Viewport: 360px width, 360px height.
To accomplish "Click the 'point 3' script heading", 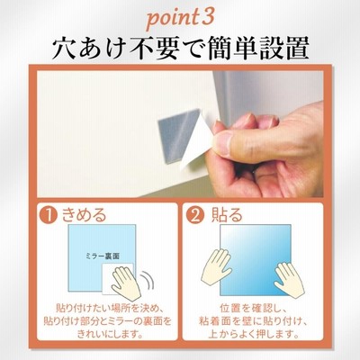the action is [x=180, y=19].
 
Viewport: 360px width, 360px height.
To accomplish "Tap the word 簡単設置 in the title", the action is [x=257, y=49].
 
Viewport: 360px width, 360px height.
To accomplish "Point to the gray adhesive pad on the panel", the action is [x=179, y=137].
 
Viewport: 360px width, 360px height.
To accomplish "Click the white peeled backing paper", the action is [x=196, y=142].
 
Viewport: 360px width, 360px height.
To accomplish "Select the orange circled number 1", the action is [x=49, y=215].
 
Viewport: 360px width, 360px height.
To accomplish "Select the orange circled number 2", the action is [x=195, y=215].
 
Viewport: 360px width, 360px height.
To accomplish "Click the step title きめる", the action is [x=84, y=215].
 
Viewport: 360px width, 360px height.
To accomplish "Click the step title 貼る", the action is [x=227, y=215].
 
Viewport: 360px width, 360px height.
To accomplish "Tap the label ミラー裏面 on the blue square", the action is [x=103, y=256].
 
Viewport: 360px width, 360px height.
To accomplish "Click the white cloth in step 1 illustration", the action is [x=117, y=278].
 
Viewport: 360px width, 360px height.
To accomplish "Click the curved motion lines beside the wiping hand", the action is [x=148, y=281].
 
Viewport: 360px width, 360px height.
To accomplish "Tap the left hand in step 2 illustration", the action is [x=217, y=266].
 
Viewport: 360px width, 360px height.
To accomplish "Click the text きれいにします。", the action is [x=109, y=333].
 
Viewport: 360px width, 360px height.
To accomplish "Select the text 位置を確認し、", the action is [x=254, y=308].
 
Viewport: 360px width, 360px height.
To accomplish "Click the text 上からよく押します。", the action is [x=254, y=334].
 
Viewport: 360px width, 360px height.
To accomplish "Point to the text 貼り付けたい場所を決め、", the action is [x=109, y=308].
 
